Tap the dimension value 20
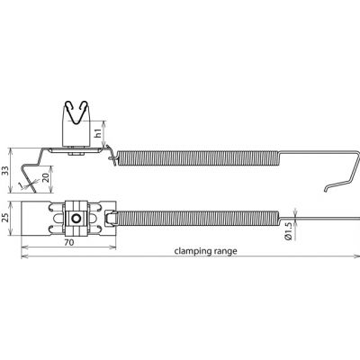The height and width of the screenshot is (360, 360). (46, 178)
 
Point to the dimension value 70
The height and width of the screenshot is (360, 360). (68, 242)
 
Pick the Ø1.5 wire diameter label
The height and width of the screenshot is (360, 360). (288, 232)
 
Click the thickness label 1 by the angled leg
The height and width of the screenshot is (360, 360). (20, 186)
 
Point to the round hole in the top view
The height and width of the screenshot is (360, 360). (76, 218)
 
